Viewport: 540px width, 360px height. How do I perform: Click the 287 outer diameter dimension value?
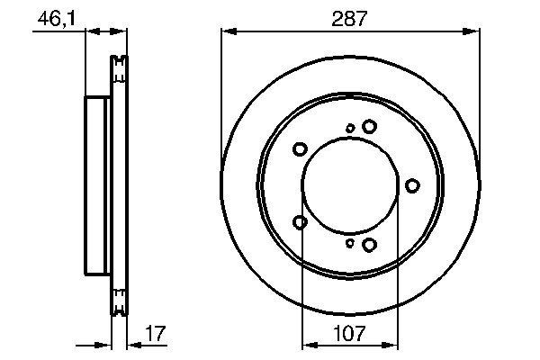tap(348, 18)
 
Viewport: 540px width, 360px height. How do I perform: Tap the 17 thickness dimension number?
tap(154, 333)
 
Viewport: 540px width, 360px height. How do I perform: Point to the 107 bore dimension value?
tap(348, 333)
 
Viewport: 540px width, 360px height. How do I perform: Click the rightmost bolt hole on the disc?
tap(412, 185)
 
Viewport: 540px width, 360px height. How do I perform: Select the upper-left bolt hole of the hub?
tap(301, 149)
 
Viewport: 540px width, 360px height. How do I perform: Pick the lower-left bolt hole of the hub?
tap(301, 221)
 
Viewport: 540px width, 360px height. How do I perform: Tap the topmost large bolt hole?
tap(369, 127)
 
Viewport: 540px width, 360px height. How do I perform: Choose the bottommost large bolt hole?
tap(369, 244)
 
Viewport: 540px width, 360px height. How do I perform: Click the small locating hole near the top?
tap(350, 129)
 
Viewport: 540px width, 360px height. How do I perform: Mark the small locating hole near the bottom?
tap(350, 242)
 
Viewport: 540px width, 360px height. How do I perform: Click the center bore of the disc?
tap(348, 185)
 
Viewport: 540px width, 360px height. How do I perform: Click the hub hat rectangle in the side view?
tap(97, 185)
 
